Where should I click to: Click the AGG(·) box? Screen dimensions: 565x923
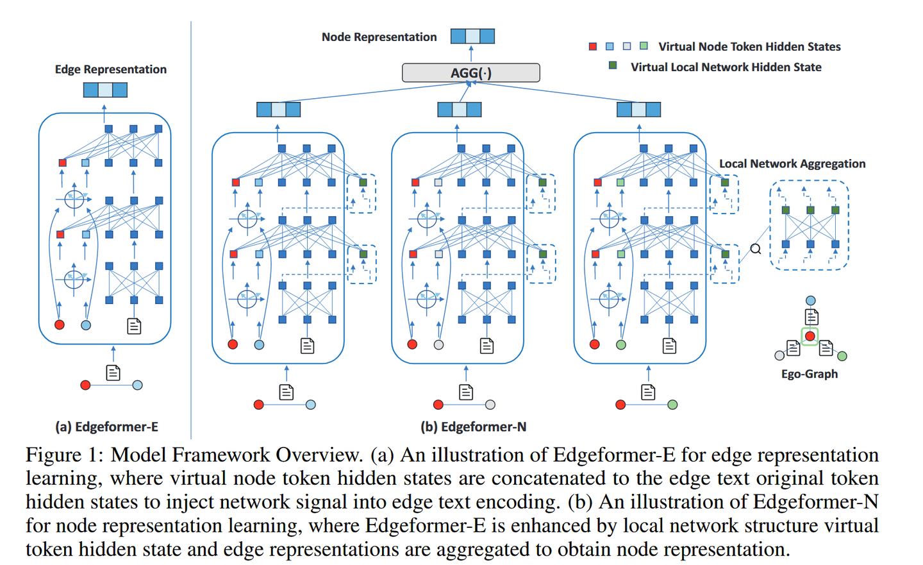tap(470, 72)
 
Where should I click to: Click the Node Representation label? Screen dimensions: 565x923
tap(379, 37)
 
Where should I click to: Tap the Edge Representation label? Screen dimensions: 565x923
tap(110, 69)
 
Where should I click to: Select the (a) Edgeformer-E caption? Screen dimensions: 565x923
tap(106, 426)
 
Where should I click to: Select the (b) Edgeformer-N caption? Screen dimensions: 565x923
tap(473, 426)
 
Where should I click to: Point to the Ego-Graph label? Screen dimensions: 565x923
tap(809, 374)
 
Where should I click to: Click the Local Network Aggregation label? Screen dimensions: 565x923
tap(792, 164)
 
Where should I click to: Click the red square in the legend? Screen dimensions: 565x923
tap(593, 46)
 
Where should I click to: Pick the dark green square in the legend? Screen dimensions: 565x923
tap(613, 65)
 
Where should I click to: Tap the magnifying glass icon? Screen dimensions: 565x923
tap(756, 249)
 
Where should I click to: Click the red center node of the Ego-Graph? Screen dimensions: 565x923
tap(810, 336)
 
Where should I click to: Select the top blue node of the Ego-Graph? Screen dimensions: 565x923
tap(811, 301)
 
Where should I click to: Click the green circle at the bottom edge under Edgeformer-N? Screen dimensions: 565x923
tap(672, 405)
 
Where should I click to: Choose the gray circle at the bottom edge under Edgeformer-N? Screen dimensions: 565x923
tap(490, 405)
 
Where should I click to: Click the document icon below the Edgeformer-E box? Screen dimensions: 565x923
tap(113, 373)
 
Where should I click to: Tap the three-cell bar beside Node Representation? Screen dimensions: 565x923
tap(472, 36)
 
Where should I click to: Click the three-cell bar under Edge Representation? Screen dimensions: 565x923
tap(105, 90)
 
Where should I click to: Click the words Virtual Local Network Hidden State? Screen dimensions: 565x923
tap(726, 67)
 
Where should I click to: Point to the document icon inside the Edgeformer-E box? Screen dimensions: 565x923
tap(134, 326)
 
